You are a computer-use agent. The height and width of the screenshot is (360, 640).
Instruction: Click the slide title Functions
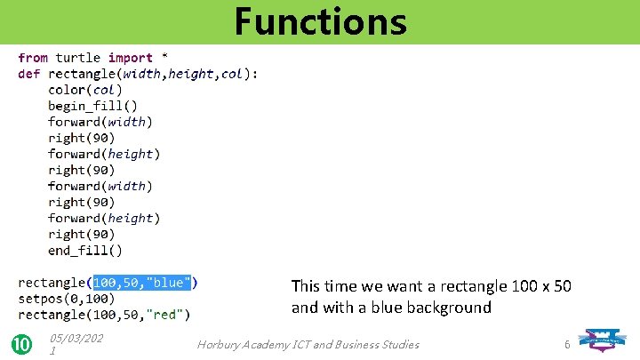pyautogui.click(x=320, y=21)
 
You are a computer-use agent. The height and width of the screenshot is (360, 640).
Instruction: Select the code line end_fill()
pyautogui.click(x=85, y=251)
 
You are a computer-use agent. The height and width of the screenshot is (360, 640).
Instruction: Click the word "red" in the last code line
pyautogui.click(x=168, y=315)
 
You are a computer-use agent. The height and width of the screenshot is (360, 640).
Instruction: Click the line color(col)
pyautogui.click(x=85, y=90)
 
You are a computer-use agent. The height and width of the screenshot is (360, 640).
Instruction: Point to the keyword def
pyautogui.click(x=28, y=74)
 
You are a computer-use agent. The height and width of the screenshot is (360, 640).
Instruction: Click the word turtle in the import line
pyautogui.click(x=78, y=58)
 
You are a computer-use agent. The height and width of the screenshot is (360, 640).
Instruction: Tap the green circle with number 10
pyautogui.click(x=22, y=344)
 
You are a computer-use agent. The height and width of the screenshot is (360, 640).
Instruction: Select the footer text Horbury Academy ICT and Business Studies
pyautogui.click(x=308, y=344)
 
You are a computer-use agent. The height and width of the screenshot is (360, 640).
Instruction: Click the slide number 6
pyautogui.click(x=566, y=344)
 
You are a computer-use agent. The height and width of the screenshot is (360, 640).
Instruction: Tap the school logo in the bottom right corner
pyautogui.click(x=608, y=340)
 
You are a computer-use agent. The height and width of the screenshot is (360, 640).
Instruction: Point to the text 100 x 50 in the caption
pyautogui.click(x=542, y=286)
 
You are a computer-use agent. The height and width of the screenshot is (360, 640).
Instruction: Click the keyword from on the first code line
pyautogui.click(x=33, y=58)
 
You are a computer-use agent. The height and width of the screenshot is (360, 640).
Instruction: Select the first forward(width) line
pyautogui.click(x=100, y=122)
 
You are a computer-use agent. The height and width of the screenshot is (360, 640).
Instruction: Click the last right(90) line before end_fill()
pyautogui.click(x=81, y=235)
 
